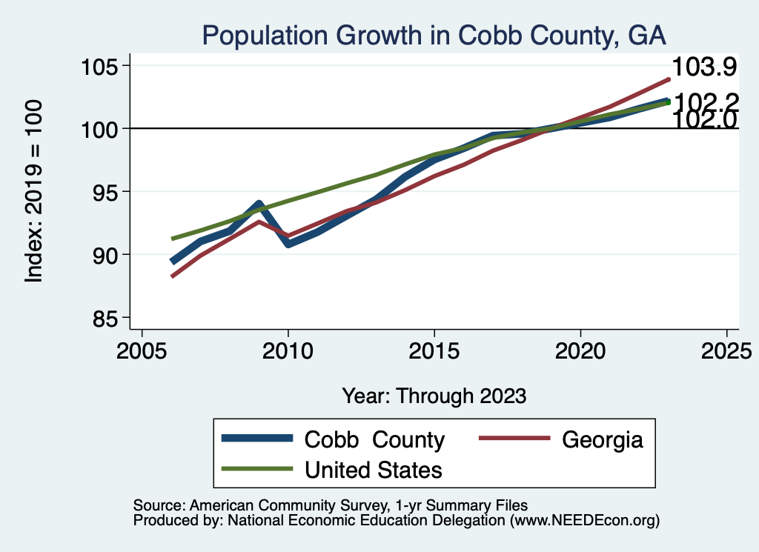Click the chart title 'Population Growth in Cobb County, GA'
pyautogui.click(x=434, y=36)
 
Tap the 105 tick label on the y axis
pyautogui.click(x=102, y=66)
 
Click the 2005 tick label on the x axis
pyautogui.click(x=142, y=350)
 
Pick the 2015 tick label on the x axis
pyautogui.click(x=434, y=350)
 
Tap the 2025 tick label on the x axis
pyautogui.click(x=726, y=350)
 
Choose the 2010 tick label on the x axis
pyautogui.click(x=288, y=350)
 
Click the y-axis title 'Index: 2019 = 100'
pyautogui.click(x=34, y=191)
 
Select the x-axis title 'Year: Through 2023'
pyautogui.click(x=434, y=396)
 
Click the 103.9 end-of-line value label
pyautogui.click(x=703, y=67)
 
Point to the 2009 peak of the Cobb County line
pyautogui.click(x=259, y=204)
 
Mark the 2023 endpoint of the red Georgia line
pyautogui.click(x=669, y=79)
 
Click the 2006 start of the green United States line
pyautogui.click(x=172, y=239)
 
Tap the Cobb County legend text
pyautogui.click(x=374, y=440)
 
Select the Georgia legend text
pyautogui.click(x=602, y=440)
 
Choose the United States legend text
pyautogui.click(x=374, y=470)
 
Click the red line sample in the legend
pyautogui.click(x=514, y=440)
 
